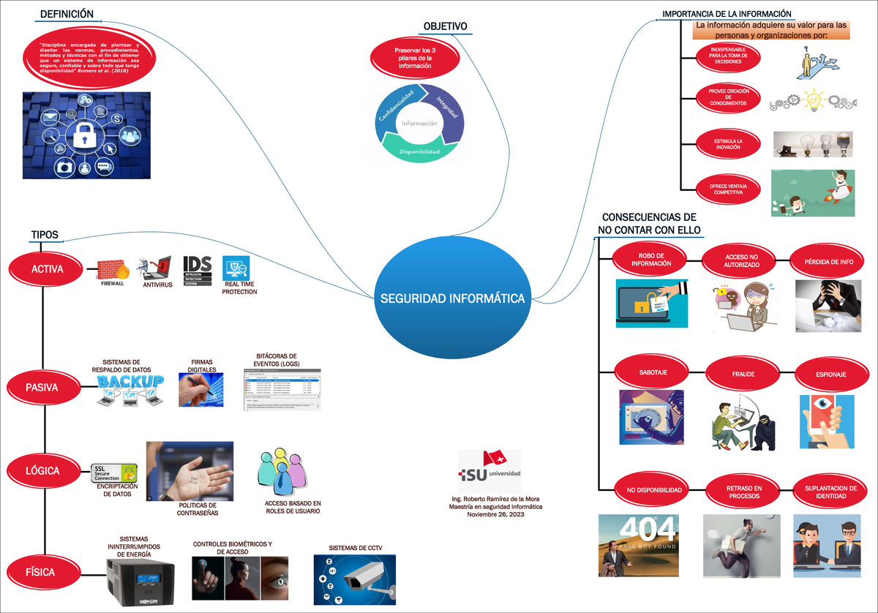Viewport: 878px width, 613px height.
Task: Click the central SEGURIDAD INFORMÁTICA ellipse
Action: pos(451,298)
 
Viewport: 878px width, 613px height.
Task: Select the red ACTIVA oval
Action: pos(47,269)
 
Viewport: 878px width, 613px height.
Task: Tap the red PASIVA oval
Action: pos(42,388)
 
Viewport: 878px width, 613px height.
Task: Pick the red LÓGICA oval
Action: pos(42,471)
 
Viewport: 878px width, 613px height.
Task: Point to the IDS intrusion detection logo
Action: pos(198,270)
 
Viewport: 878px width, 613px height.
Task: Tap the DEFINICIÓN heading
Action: pos(66,14)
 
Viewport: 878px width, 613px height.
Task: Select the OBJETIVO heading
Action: pos(445,27)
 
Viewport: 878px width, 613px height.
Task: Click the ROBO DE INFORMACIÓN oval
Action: pos(650,260)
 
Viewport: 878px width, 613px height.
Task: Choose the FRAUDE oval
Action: pos(743,375)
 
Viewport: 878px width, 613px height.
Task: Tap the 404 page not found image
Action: pos(638,546)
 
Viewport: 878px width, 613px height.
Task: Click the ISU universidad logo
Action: pos(489,473)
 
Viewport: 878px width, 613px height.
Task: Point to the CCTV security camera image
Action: pos(354,579)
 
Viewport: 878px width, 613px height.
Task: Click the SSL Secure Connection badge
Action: pos(115,473)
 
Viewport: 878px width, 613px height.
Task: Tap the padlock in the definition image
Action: pos(86,135)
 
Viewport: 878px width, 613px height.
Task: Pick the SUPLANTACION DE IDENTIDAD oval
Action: pos(830,492)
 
